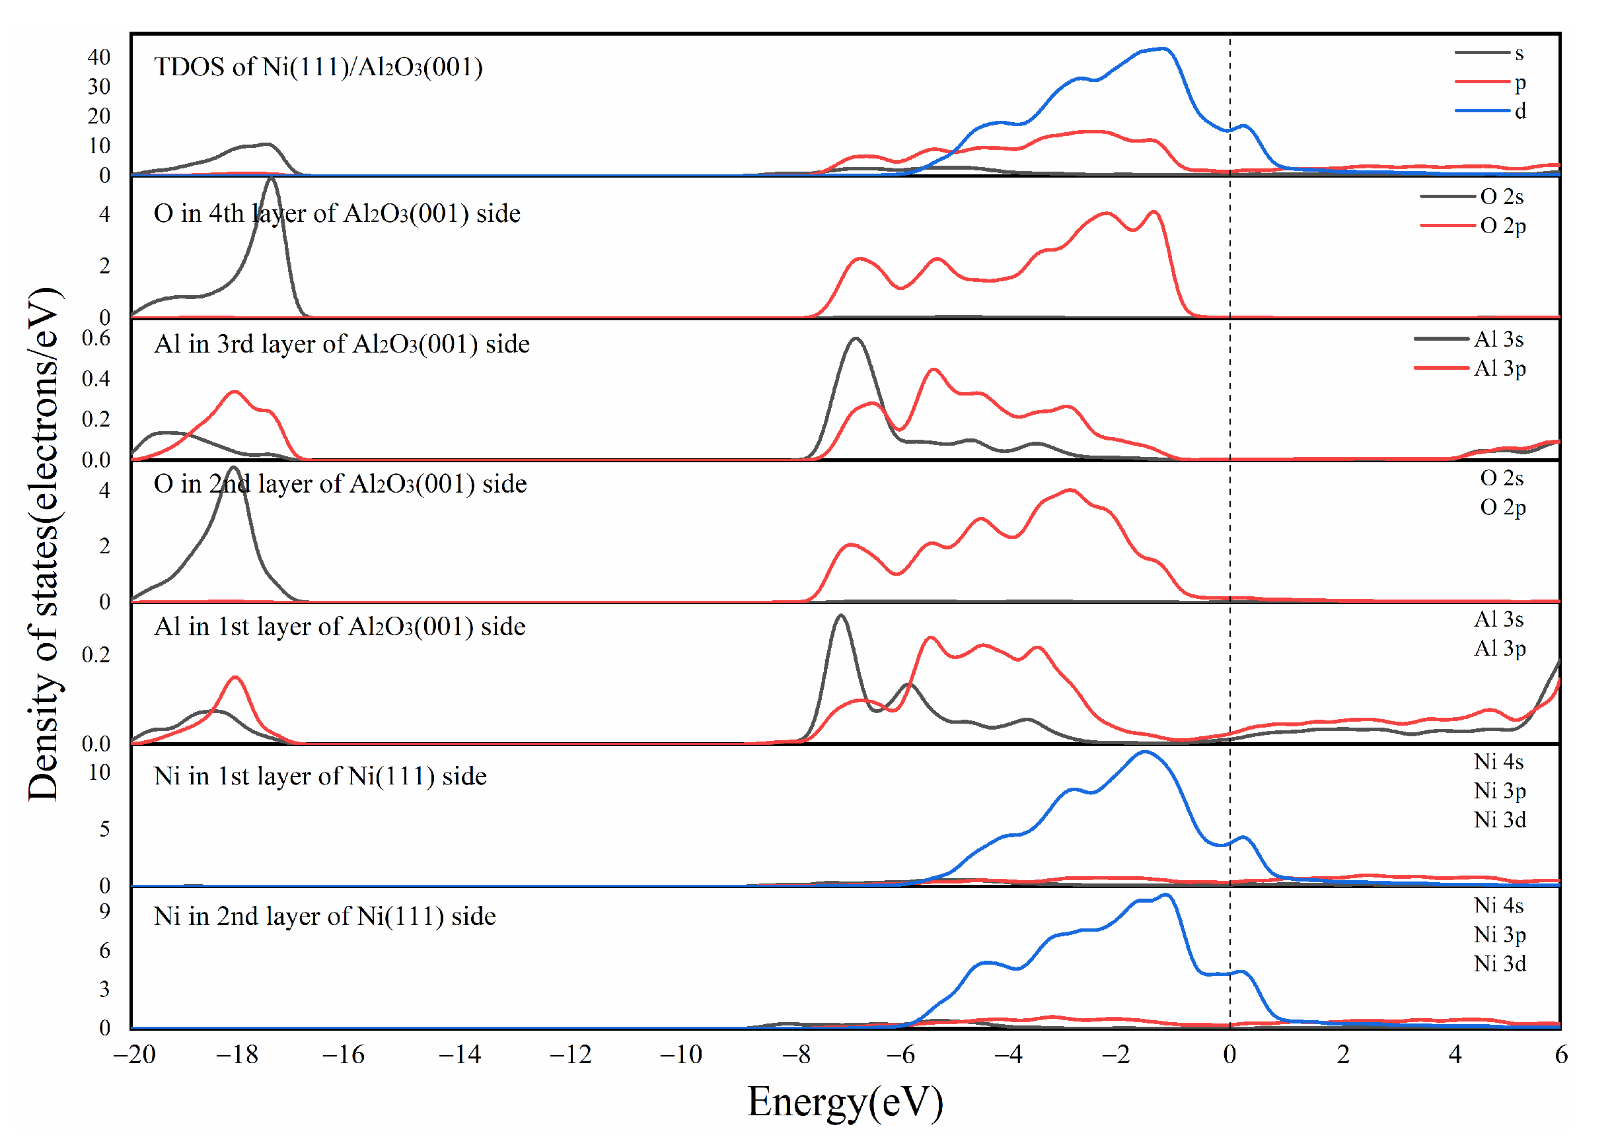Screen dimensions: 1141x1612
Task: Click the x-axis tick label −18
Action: coord(237,1055)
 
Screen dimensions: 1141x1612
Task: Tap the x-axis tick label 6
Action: coord(1560,1055)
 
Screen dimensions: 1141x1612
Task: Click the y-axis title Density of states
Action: coord(44,544)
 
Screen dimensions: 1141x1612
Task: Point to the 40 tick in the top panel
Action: coord(99,57)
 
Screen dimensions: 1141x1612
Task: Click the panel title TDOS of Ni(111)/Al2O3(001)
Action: coord(318,67)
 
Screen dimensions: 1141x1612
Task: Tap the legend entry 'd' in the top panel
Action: coord(1520,111)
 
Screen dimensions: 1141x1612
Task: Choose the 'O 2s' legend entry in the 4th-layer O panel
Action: coord(1502,197)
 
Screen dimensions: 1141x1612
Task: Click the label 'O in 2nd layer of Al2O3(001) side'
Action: coord(340,484)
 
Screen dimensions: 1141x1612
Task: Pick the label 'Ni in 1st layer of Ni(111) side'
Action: coord(320,777)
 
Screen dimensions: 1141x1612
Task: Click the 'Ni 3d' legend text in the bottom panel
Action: coord(1500,964)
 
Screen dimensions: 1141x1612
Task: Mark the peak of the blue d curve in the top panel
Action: coord(1163,49)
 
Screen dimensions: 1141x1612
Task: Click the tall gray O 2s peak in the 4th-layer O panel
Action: coord(272,180)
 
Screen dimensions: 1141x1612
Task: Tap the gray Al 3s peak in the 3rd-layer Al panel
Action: coord(855,339)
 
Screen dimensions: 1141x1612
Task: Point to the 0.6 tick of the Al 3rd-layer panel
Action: coord(96,339)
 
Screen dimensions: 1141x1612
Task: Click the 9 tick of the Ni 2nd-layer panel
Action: coord(105,912)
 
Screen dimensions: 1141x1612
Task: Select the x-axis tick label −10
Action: coord(680,1055)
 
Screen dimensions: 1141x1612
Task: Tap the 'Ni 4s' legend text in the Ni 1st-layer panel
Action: coord(1498,762)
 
